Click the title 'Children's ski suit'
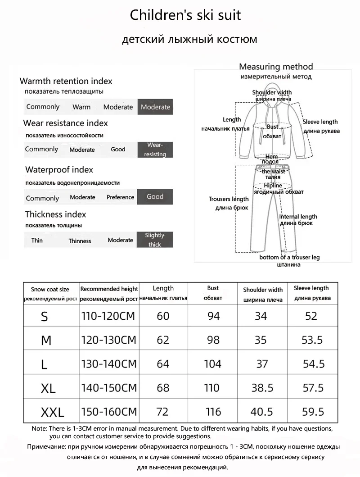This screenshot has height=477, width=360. coord(185,15)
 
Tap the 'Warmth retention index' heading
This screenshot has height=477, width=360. coord(66,82)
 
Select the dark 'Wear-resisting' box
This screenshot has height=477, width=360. coord(155,150)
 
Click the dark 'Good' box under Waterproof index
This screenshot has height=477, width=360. coord(155,197)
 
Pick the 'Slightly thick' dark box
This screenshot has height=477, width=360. coord(155,240)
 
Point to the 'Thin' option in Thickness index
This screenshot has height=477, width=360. coord(37,241)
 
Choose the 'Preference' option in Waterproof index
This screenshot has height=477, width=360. coord(120,197)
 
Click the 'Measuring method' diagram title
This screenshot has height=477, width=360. coord(275,67)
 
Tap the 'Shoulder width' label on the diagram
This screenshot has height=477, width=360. coord(272,93)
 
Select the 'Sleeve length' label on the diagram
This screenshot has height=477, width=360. coord(320,122)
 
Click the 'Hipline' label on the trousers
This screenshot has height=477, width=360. coord(273,186)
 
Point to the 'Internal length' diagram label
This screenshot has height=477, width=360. coord(298,217)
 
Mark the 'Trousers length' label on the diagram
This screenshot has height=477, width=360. coord(229,199)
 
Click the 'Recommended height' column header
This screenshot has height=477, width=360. coord(109,289)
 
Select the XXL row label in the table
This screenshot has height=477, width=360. coord(52,411)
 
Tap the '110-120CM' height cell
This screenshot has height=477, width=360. coord(108,316)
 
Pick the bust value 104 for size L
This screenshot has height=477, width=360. coord(213,364)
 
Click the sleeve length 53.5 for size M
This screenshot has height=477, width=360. coord(312,340)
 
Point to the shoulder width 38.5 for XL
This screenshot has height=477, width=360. coord(262,388)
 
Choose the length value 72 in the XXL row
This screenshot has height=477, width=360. coord(163,411)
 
